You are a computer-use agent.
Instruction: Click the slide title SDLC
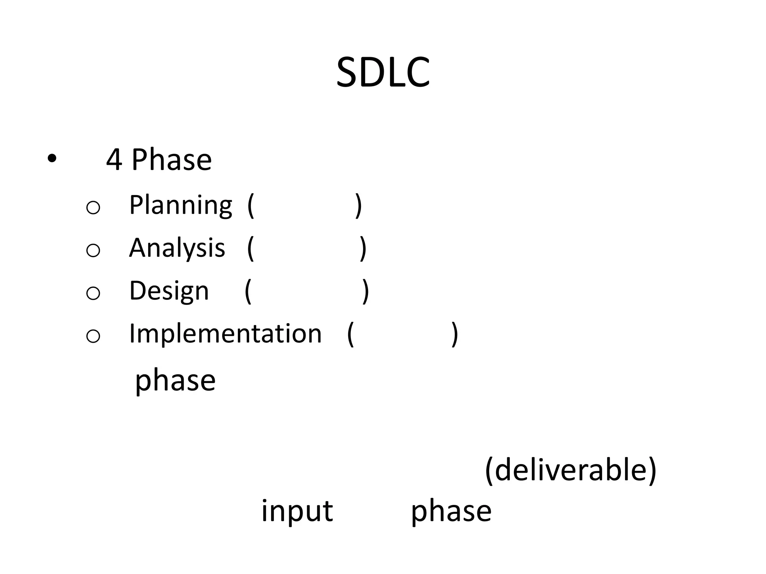[x=383, y=72]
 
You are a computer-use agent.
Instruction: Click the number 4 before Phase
[x=114, y=160]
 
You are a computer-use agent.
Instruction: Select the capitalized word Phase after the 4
[x=172, y=160]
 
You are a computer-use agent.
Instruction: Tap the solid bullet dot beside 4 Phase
[x=52, y=159]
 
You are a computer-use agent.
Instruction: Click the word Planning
[x=181, y=205]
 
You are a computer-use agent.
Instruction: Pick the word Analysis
[x=177, y=248]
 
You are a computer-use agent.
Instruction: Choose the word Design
[x=169, y=291]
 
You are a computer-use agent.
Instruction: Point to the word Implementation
[x=225, y=333]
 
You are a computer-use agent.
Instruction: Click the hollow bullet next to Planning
[x=93, y=207]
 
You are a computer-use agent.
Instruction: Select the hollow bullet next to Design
[x=93, y=293]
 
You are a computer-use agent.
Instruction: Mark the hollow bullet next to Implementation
[x=93, y=336]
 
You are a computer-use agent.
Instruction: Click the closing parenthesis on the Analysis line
[x=363, y=249]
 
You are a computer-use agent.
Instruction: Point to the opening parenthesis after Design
[x=248, y=291]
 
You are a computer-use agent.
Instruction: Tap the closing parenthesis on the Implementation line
[x=454, y=334]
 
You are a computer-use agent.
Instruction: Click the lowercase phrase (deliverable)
[x=571, y=470]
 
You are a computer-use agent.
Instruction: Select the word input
[x=297, y=511]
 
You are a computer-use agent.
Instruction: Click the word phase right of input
[x=451, y=512]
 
